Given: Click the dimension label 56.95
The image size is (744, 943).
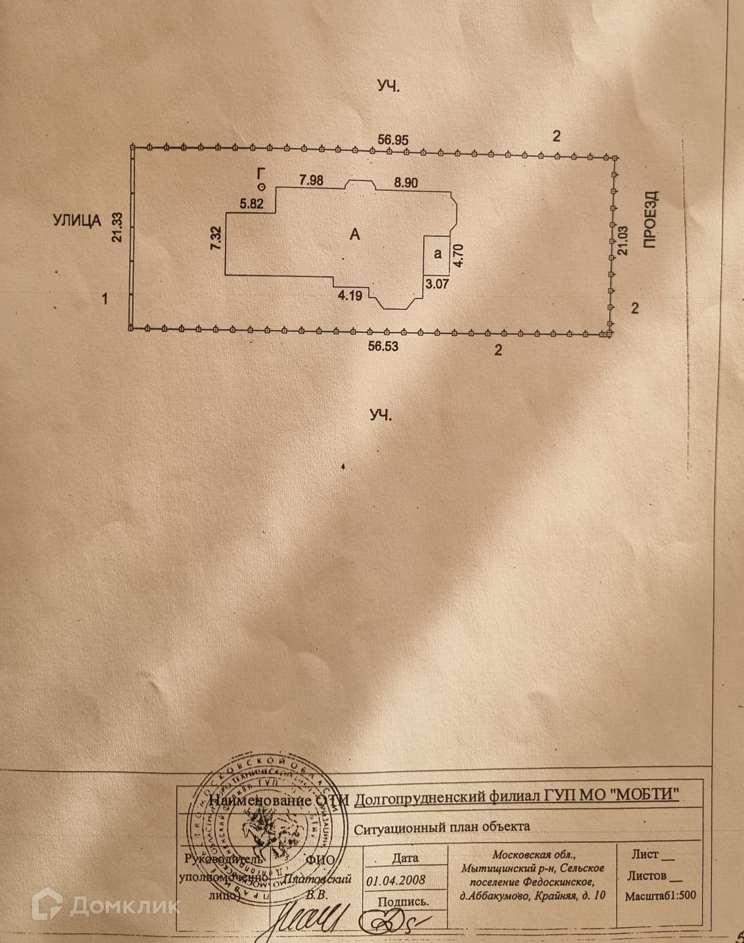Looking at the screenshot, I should coord(393,139).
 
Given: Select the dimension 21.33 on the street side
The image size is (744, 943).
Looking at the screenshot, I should coord(117,228).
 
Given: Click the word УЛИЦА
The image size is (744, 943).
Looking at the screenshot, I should coord(77,220).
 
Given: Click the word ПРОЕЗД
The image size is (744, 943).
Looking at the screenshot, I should coord(650,219).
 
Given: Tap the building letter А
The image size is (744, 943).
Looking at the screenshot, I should coord(355,234).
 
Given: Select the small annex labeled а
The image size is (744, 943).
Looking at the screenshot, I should coord(438,254).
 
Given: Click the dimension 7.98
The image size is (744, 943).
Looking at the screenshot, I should coord(311,180).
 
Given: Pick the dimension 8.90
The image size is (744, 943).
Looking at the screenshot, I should coord(405,183).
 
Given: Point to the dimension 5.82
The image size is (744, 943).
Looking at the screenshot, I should coord(251,204).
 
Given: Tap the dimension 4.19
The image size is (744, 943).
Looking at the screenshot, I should coord(350,295).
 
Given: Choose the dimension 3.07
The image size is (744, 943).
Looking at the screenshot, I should coord(437,283).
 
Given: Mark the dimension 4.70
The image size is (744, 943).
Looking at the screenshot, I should coord(459,254).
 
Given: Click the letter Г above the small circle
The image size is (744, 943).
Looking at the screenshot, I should coord(262,173).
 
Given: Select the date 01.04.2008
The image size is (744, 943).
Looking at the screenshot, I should coord(396,880).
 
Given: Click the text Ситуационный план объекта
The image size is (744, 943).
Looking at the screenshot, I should coord(442,827).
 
